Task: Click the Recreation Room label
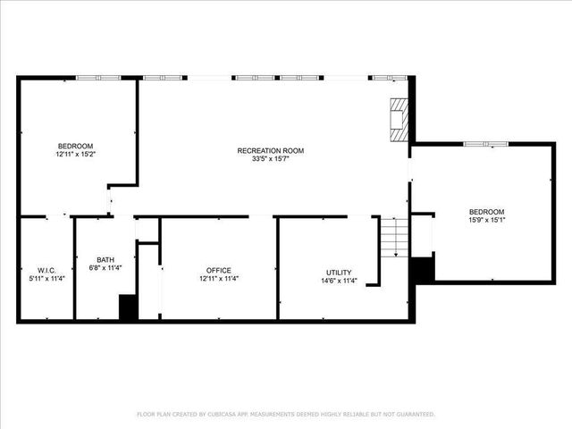coord(270,150)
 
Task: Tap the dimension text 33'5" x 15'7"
coord(270,159)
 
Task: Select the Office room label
coord(219,270)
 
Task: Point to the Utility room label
coord(339,272)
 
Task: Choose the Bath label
coord(105,259)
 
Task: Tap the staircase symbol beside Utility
coord(394,237)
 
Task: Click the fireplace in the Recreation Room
coord(398,120)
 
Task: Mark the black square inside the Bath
coord(128,307)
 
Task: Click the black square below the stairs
coord(422,270)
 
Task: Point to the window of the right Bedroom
coord(485,143)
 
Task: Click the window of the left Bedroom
coord(98,78)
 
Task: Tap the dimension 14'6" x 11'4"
coord(339,281)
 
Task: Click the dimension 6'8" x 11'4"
coord(105,268)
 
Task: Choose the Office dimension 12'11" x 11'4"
coord(219,279)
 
